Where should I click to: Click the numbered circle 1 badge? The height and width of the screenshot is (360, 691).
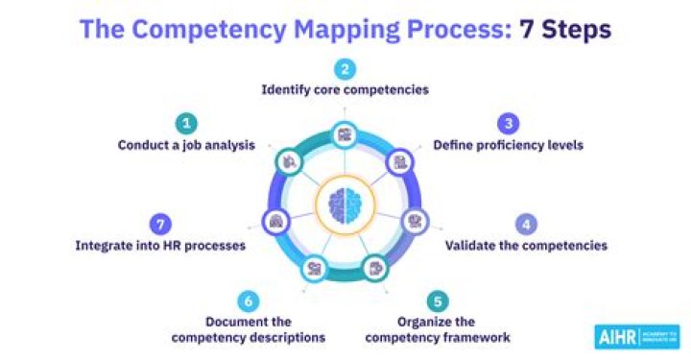click(x=186, y=123)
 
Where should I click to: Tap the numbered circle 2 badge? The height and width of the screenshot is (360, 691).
click(x=345, y=68)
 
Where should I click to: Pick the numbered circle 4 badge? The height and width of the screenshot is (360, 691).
click(x=526, y=224)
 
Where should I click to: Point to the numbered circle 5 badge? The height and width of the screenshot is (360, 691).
click(x=440, y=299)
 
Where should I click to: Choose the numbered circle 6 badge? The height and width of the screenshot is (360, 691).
click(x=249, y=300)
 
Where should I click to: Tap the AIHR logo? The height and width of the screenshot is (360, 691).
click(x=636, y=335)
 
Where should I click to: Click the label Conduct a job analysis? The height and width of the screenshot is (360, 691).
click(x=186, y=146)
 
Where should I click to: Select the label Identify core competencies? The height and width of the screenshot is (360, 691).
click(x=345, y=90)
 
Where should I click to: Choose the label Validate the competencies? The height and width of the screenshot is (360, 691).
click(x=526, y=246)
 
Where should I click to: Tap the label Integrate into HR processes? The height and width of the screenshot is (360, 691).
click(x=160, y=246)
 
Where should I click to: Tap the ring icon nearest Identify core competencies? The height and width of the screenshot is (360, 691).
click(x=345, y=135)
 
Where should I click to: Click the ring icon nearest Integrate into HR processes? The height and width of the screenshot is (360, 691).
click(x=276, y=220)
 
